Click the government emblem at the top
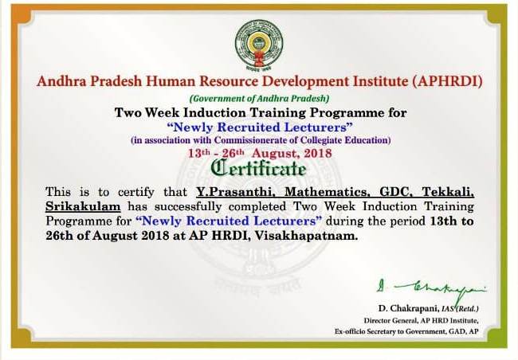(259, 45)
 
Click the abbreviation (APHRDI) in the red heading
(447, 81)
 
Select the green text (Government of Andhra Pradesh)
(259, 99)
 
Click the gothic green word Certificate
(259, 169)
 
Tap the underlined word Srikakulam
(83, 206)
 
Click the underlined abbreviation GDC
(396, 192)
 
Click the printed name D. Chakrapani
(409, 308)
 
